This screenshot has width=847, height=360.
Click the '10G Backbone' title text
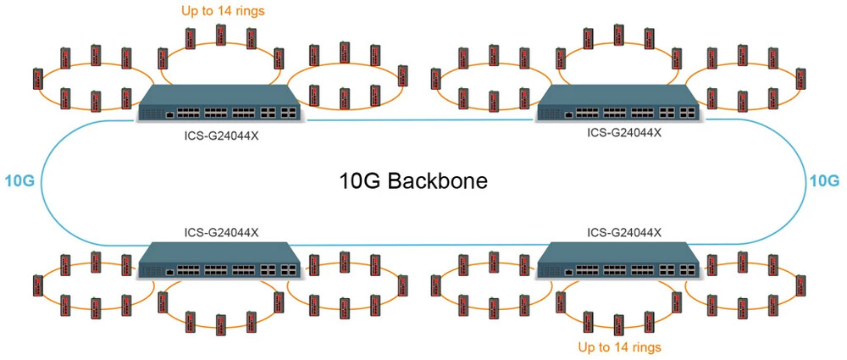[413, 181]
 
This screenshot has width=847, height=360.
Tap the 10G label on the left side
[19, 180]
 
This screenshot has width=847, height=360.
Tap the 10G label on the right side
[824, 180]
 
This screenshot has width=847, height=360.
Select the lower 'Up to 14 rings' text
[619, 346]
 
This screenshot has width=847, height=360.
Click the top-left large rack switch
[218, 103]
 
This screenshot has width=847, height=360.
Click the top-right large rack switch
[620, 103]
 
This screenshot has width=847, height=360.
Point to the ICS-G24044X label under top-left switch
[221, 135]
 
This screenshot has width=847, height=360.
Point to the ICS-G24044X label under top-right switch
[624, 132]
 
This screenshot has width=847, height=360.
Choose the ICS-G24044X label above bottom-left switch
[221, 232]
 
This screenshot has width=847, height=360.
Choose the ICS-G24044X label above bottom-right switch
[624, 232]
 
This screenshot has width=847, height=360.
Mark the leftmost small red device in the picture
[36, 79]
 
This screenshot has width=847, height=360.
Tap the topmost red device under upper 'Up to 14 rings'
[220, 34]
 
